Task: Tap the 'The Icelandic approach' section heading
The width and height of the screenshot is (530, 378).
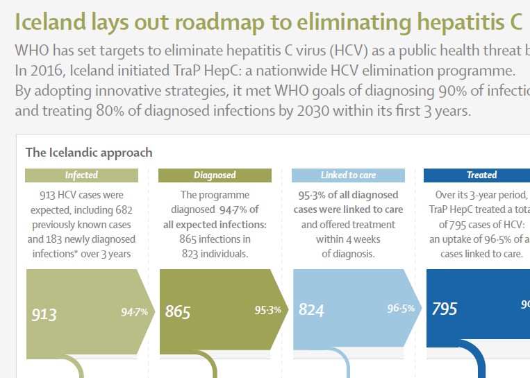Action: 89,152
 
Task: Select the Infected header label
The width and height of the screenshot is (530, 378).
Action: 81,175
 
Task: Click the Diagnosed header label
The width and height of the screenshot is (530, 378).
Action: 215,175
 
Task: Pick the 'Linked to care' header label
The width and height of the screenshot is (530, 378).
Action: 348,175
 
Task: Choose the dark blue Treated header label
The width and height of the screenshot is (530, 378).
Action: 481,175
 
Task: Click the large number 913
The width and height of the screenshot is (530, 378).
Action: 44,315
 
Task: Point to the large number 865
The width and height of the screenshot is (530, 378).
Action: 178,312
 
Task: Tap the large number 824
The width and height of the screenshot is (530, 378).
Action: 311,309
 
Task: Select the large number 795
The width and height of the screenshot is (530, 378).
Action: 445,308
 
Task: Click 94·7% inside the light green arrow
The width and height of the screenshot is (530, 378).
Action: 135,312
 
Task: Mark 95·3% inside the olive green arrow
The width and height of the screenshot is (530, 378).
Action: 268,310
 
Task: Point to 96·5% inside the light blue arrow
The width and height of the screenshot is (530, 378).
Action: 401,308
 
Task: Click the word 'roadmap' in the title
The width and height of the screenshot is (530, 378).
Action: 222,22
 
